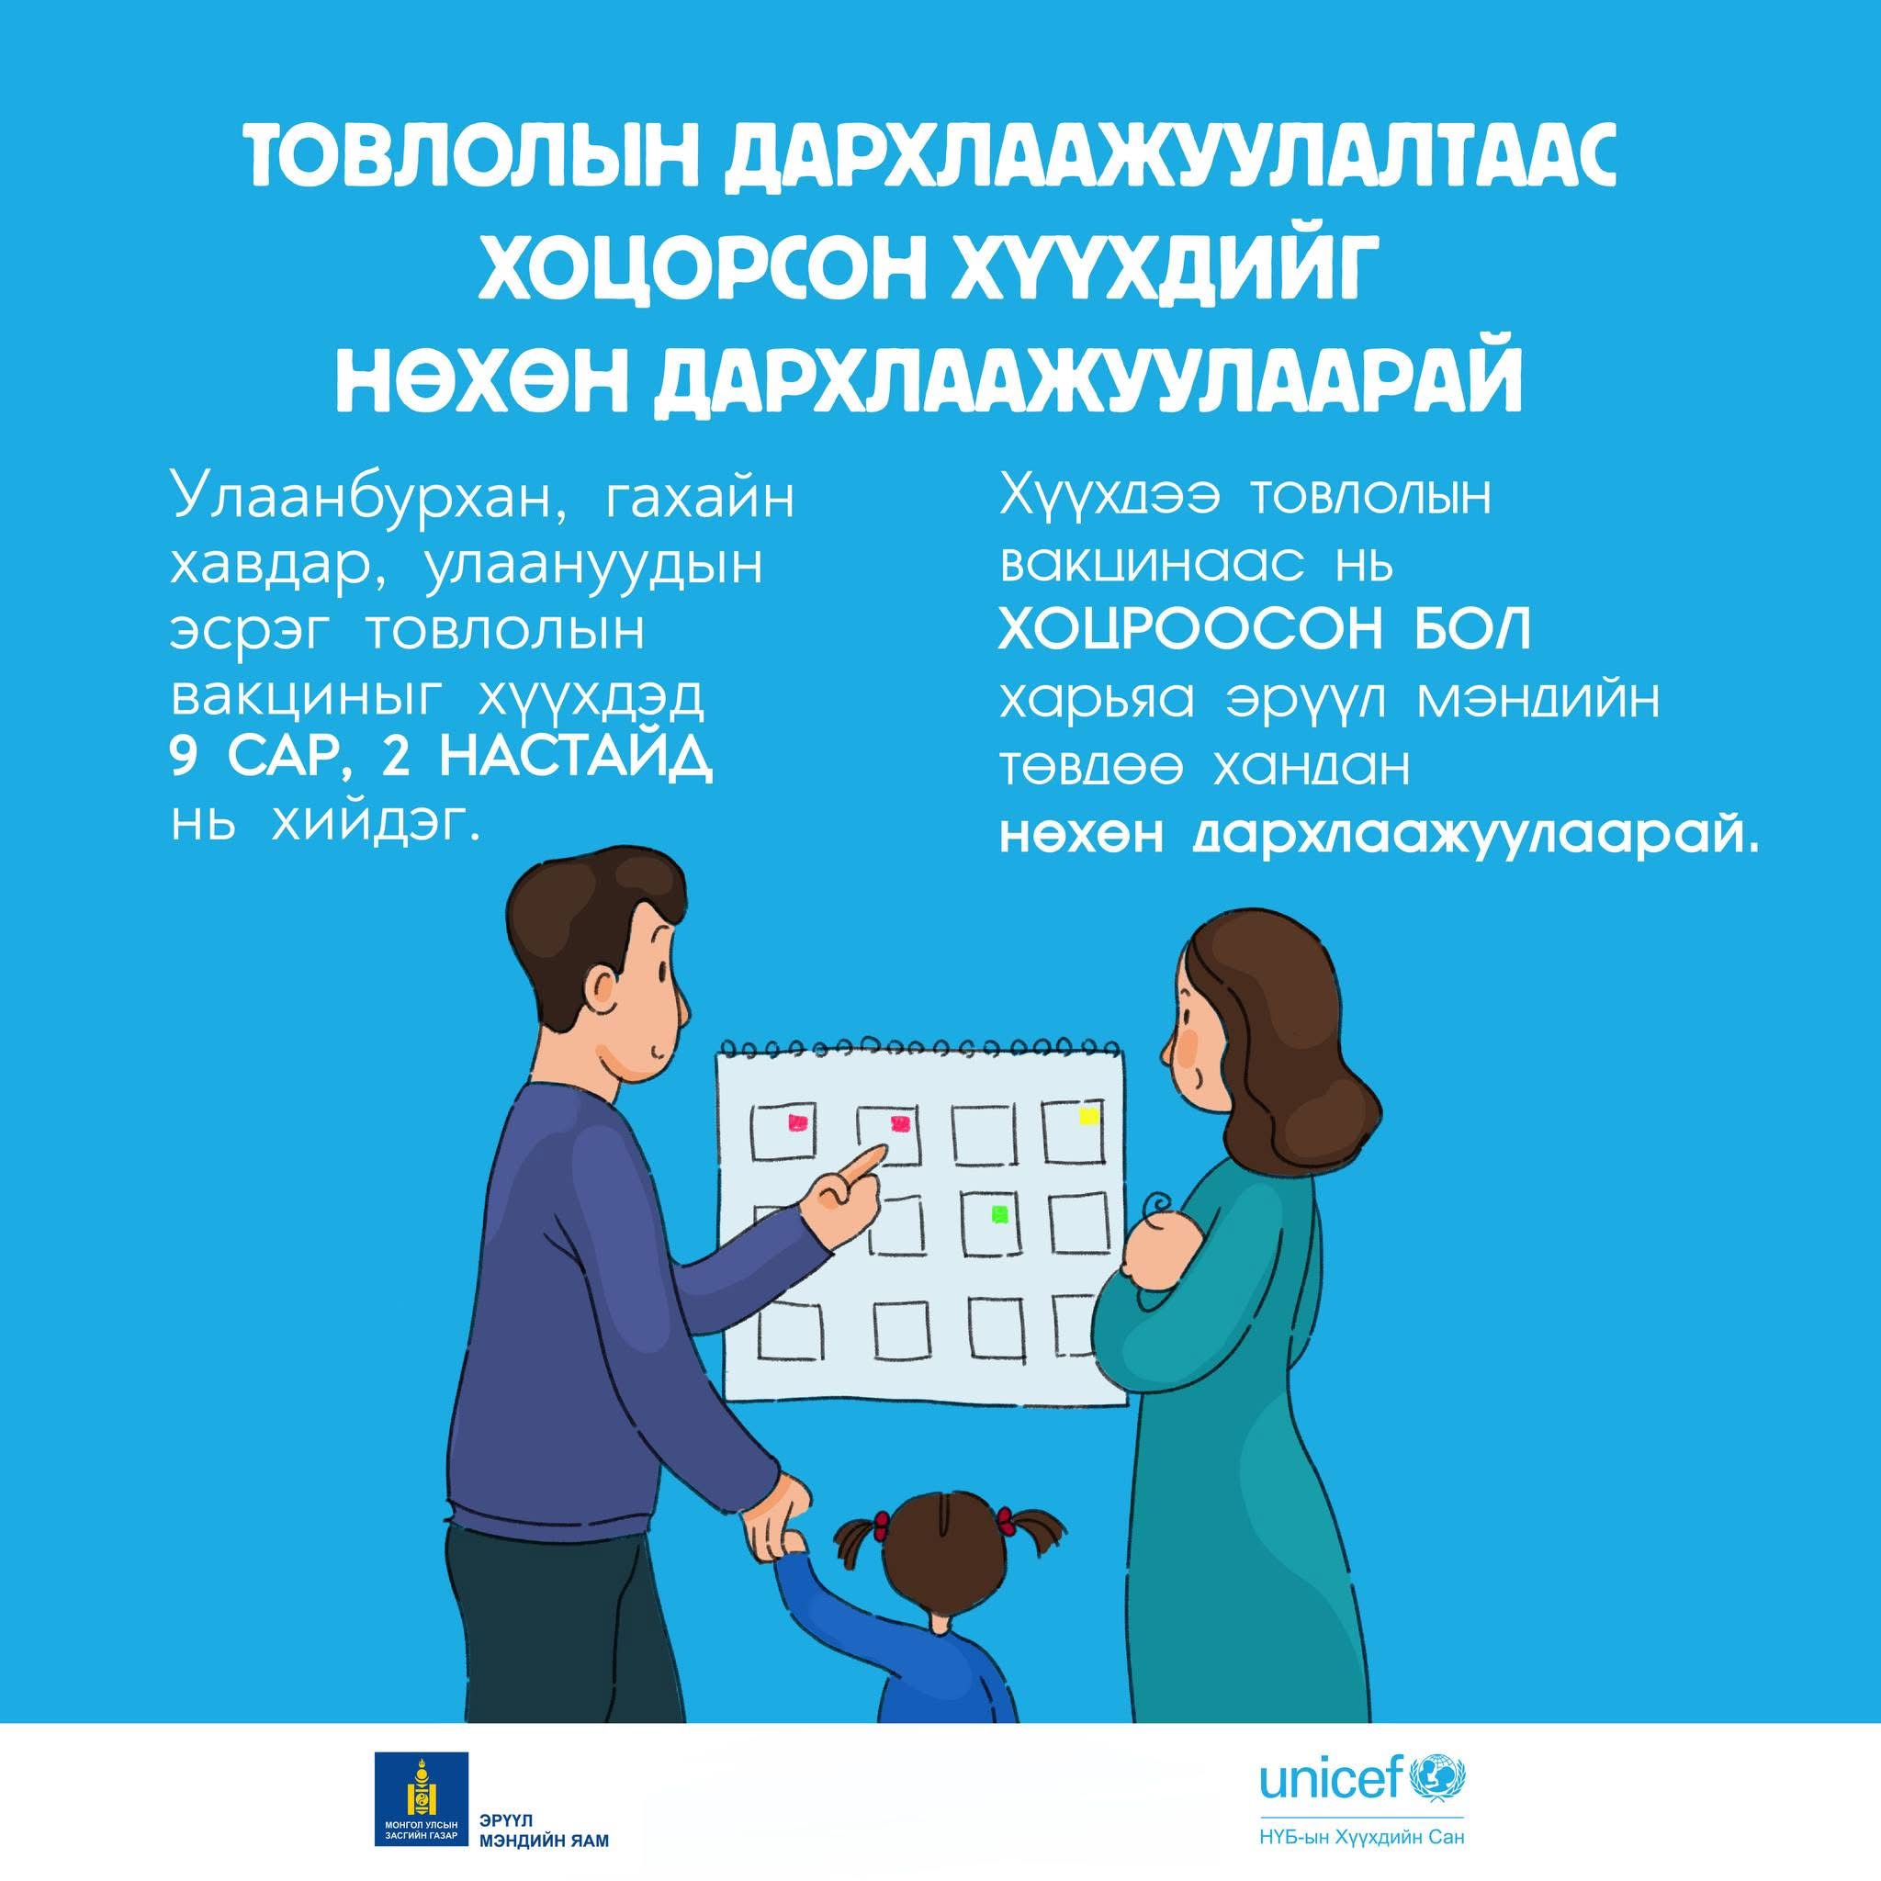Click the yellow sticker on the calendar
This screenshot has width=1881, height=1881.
coord(1087,1116)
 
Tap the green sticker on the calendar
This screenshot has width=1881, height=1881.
coord(999,1213)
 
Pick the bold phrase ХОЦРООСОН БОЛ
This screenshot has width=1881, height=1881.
coord(1265,631)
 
